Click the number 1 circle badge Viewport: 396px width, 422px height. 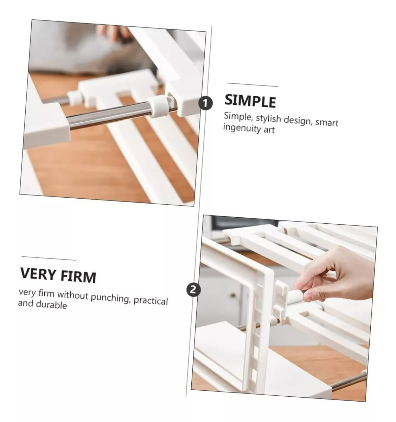click(205, 103)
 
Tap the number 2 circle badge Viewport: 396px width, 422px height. click(193, 290)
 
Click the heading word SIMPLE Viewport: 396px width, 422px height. click(250, 101)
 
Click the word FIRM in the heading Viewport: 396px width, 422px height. click(78, 276)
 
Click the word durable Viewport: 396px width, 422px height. click(51, 305)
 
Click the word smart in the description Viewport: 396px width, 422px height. click(327, 122)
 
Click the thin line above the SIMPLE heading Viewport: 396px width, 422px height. click(252, 85)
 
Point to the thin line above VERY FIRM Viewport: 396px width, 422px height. click(49, 258)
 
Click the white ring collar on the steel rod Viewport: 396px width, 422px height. click(158, 106)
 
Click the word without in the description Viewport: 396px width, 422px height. click(73, 295)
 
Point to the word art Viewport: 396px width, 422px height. click(269, 129)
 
